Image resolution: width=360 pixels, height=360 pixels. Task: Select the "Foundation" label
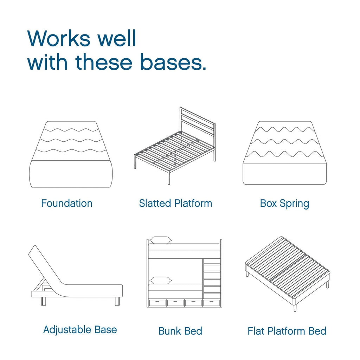pyautogui.click(x=67, y=203)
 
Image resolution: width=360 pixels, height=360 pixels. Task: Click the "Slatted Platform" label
pyautogui.click(x=175, y=203)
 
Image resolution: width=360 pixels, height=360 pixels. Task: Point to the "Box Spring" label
pyautogui.click(x=284, y=203)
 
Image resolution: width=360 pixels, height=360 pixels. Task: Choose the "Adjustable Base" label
pyautogui.click(x=80, y=329)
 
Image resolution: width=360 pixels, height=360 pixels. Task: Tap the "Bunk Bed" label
pyautogui.click(x=180, y=331)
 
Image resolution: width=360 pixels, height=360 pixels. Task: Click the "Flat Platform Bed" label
pyautogui.click(x=287, y=331)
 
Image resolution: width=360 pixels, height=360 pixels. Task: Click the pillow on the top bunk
pyautogui.click(x=161, y=240)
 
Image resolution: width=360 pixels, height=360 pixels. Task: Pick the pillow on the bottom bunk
pyautogui.click(x=161, y=280)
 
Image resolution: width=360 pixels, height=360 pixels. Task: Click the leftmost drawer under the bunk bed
pyautogui.click(x=157, y=303)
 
